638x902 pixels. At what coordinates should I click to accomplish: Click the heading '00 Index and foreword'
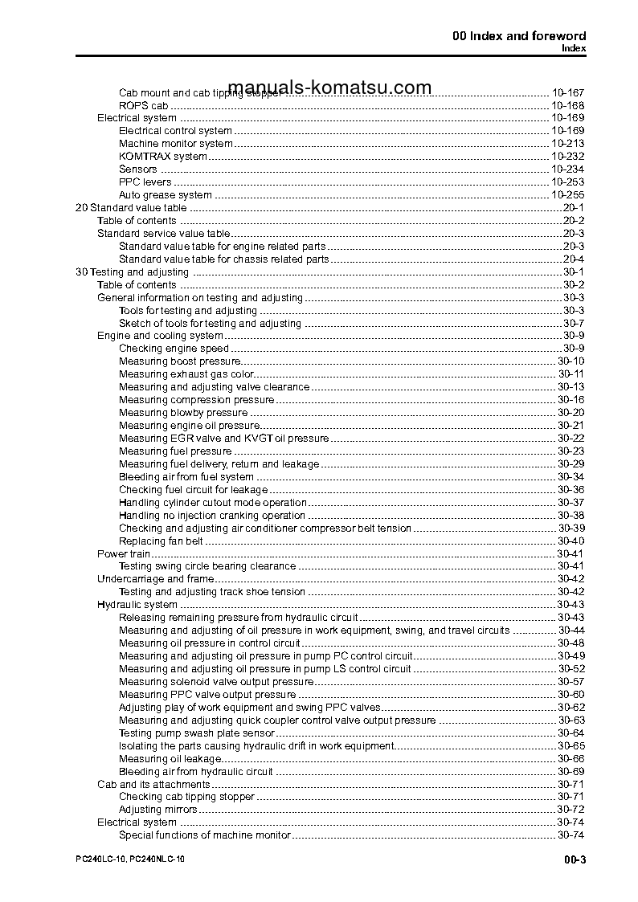[x=519, y=36]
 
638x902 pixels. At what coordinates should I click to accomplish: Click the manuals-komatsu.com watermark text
[x=329, y=88]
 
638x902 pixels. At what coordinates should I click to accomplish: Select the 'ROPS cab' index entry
[x=143, y=105]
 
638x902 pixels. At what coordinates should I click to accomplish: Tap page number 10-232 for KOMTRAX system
[x=567, y=157]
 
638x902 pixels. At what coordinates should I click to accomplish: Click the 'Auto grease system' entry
[x=165, y=195]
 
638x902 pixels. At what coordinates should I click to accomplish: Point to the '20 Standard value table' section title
[x=130, y=208]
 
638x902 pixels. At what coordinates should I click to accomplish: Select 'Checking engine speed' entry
[x=174, y=349]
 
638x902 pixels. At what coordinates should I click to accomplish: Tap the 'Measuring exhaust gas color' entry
[x=186, y=374]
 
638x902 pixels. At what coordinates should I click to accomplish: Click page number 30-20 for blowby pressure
[x=571, y=413]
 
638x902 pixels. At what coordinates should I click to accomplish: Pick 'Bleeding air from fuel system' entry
[x=186, y=477]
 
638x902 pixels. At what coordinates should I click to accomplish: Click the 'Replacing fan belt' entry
[x=161, y=541]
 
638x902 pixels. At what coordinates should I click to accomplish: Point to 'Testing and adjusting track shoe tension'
[x=212, y=592]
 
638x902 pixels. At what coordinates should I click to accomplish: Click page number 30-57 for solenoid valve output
[x=571, y=682]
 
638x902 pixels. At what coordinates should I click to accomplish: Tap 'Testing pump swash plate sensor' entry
[x=196, y=733]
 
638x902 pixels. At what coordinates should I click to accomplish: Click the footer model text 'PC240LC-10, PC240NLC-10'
[x=129, y=859]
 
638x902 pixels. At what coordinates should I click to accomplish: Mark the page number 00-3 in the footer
[x=575, y=860]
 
